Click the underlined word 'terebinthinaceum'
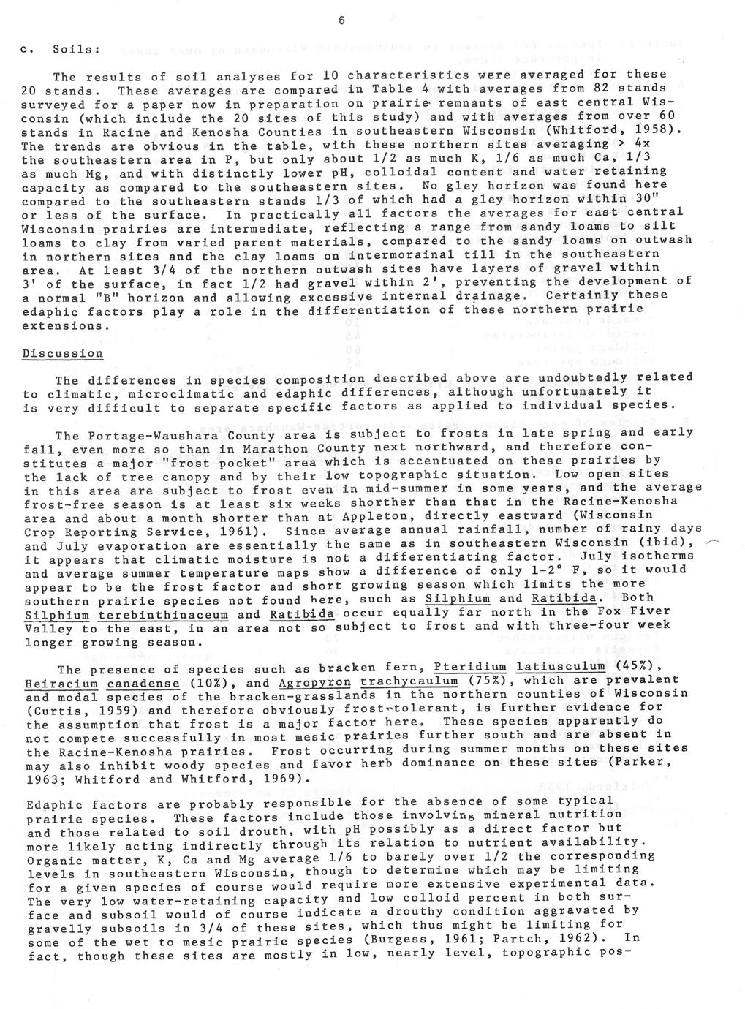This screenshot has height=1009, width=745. (163, 615)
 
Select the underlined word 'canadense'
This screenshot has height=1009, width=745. (144, 684)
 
